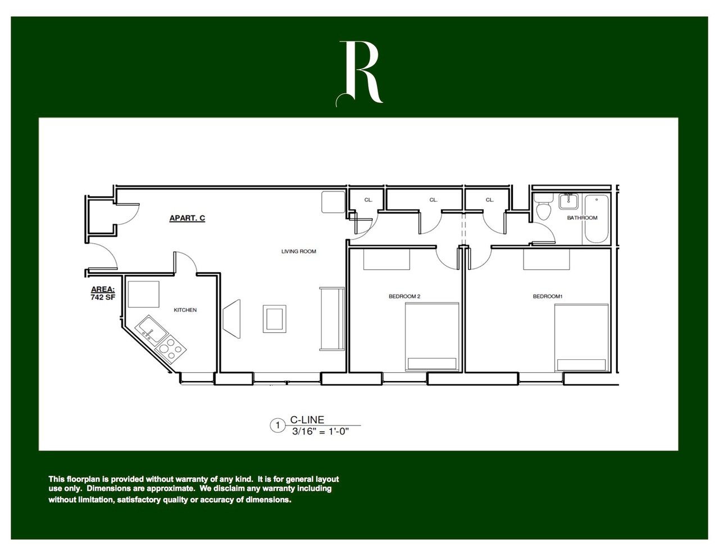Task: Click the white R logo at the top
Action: click(x=360, y=73)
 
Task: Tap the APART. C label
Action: click(x=187, y=218)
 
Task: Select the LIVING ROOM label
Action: click(x=298, y=251)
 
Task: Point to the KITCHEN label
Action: click(x=185, y=310)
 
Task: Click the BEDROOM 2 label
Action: click(x=404, y=296)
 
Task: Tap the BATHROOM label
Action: click(x=582, y=218)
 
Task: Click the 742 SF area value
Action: click(x=103, y=297)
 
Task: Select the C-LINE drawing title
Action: click(x=307, y=420)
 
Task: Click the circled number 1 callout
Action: click(x=277, y=426)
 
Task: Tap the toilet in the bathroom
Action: click(x=543, y=211)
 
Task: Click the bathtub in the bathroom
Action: click(x=594, y=219)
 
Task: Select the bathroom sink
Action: click(x=568, y=201)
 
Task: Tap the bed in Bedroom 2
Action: click(x=433, y=337)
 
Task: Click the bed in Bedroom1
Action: click(x=581, y=337)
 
